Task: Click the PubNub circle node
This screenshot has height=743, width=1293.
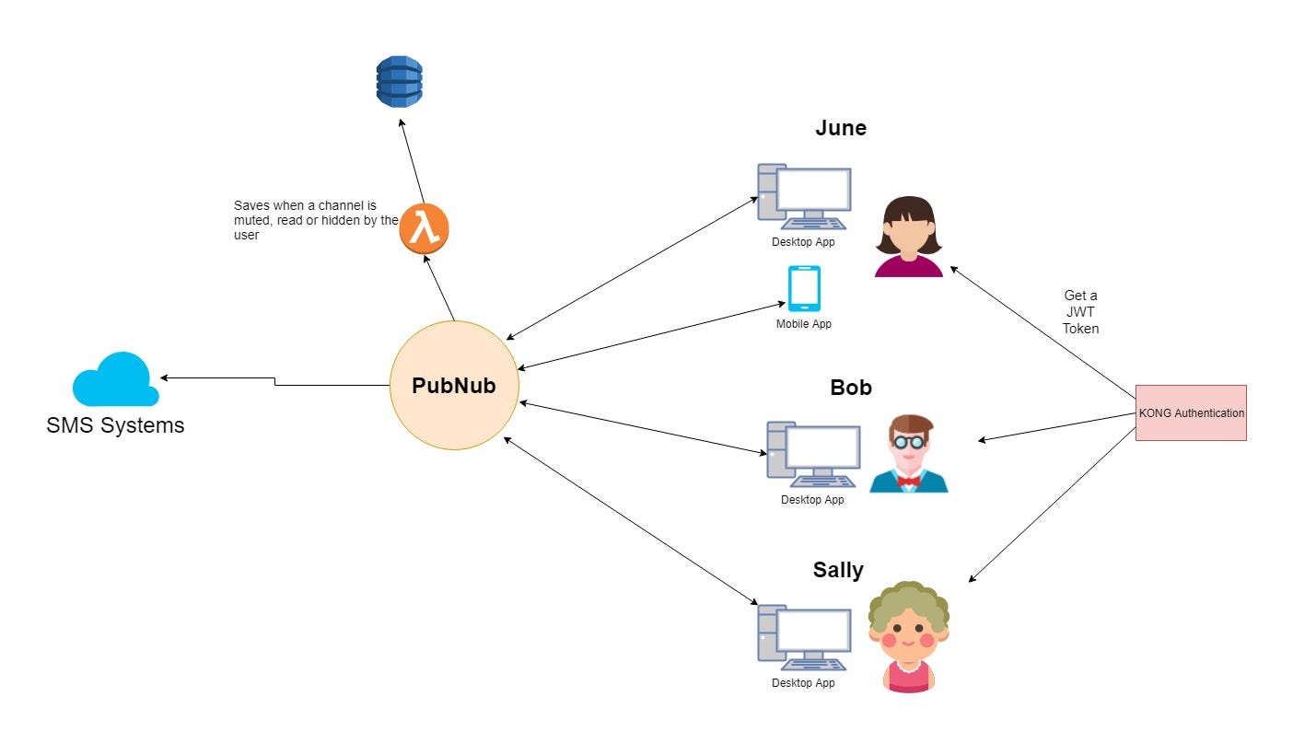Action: coord(454,386)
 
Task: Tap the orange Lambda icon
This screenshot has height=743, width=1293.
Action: coord(425,228)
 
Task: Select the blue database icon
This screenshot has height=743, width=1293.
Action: coord(399,81)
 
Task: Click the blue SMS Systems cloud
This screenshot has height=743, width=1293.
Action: coord(115,379)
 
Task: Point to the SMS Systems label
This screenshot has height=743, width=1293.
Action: coord(115,425)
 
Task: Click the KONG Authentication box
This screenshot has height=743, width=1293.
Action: coord(1191,413)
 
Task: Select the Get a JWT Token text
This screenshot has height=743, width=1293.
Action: coord(1080,312)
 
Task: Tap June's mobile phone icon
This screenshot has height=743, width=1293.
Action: coord(804,288)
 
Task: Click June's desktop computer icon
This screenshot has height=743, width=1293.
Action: coord(804,197)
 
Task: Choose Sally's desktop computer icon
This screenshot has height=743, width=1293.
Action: coord(804,637)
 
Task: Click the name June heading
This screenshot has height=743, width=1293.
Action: coord(841,128)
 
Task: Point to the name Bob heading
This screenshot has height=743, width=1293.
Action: coord(851,388)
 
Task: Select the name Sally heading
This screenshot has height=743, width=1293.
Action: coord(838,570)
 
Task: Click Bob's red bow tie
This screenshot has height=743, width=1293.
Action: coord(909,481)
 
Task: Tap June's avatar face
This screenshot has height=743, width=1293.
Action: coord(909,234)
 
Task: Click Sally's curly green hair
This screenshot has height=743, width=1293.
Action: coord(909,600)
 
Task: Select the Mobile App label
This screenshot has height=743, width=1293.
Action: coord(803,324)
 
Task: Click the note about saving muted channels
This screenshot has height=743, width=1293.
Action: coord(316,220)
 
